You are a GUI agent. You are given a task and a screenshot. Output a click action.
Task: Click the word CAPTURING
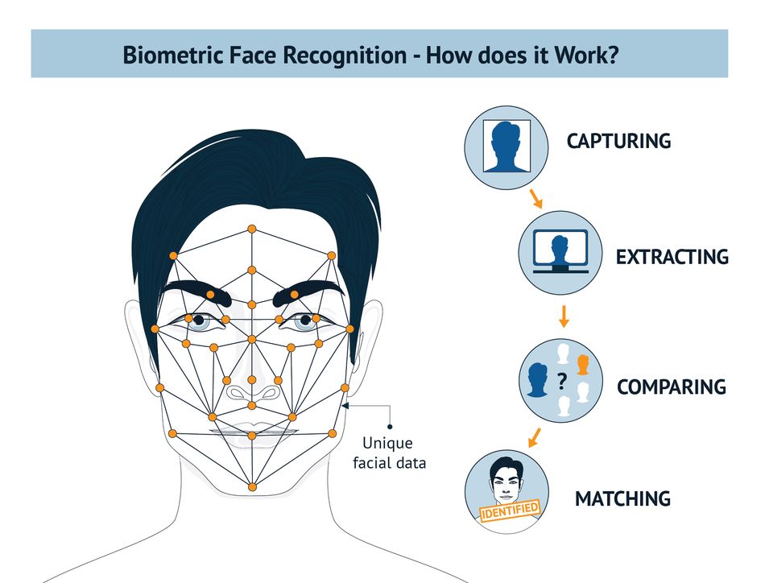pyautogui.click(x=618, y=141)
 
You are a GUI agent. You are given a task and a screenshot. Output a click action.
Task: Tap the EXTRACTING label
pyautogui.click(x=672, y=257)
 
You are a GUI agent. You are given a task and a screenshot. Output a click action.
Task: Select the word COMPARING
pyautogui.click(x=672, y=387)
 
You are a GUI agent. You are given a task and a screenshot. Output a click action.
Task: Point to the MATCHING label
pyautogui.click(x=622, y=498)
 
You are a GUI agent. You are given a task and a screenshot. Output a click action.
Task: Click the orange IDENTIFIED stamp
pyautogui.click(x=511, y=511)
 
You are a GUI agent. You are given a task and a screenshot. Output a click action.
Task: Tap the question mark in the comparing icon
pyautogui.click(x=561, y=381)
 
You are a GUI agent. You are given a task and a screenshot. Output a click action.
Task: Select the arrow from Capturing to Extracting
pyautogui.click(x=535, y=198)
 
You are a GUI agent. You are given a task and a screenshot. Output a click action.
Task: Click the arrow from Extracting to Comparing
pyautogui.click(x=564, y=316)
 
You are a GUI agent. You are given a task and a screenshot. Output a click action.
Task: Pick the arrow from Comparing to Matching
pyautogui.click(x=535, y=437)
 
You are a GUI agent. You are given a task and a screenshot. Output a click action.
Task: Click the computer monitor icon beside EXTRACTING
pyautogui.click(x=560, y=250)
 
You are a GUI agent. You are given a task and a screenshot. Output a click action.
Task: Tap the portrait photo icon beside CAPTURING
pyautogui.click(x=507, y=146)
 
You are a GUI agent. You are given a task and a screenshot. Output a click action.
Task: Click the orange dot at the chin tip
pyautogui.click(x=252, y=487)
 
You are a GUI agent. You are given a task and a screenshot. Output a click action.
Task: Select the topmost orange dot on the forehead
pyautogui.click(x=252, y=229)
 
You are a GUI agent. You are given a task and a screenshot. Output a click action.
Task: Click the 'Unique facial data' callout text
pyautogui.click(x=389, y=453)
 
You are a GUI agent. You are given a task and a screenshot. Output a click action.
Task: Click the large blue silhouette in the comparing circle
pyautogui.click(x=537, y=379)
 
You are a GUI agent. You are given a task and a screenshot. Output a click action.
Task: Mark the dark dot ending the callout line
pyautogui.click(x=390, y=427)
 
